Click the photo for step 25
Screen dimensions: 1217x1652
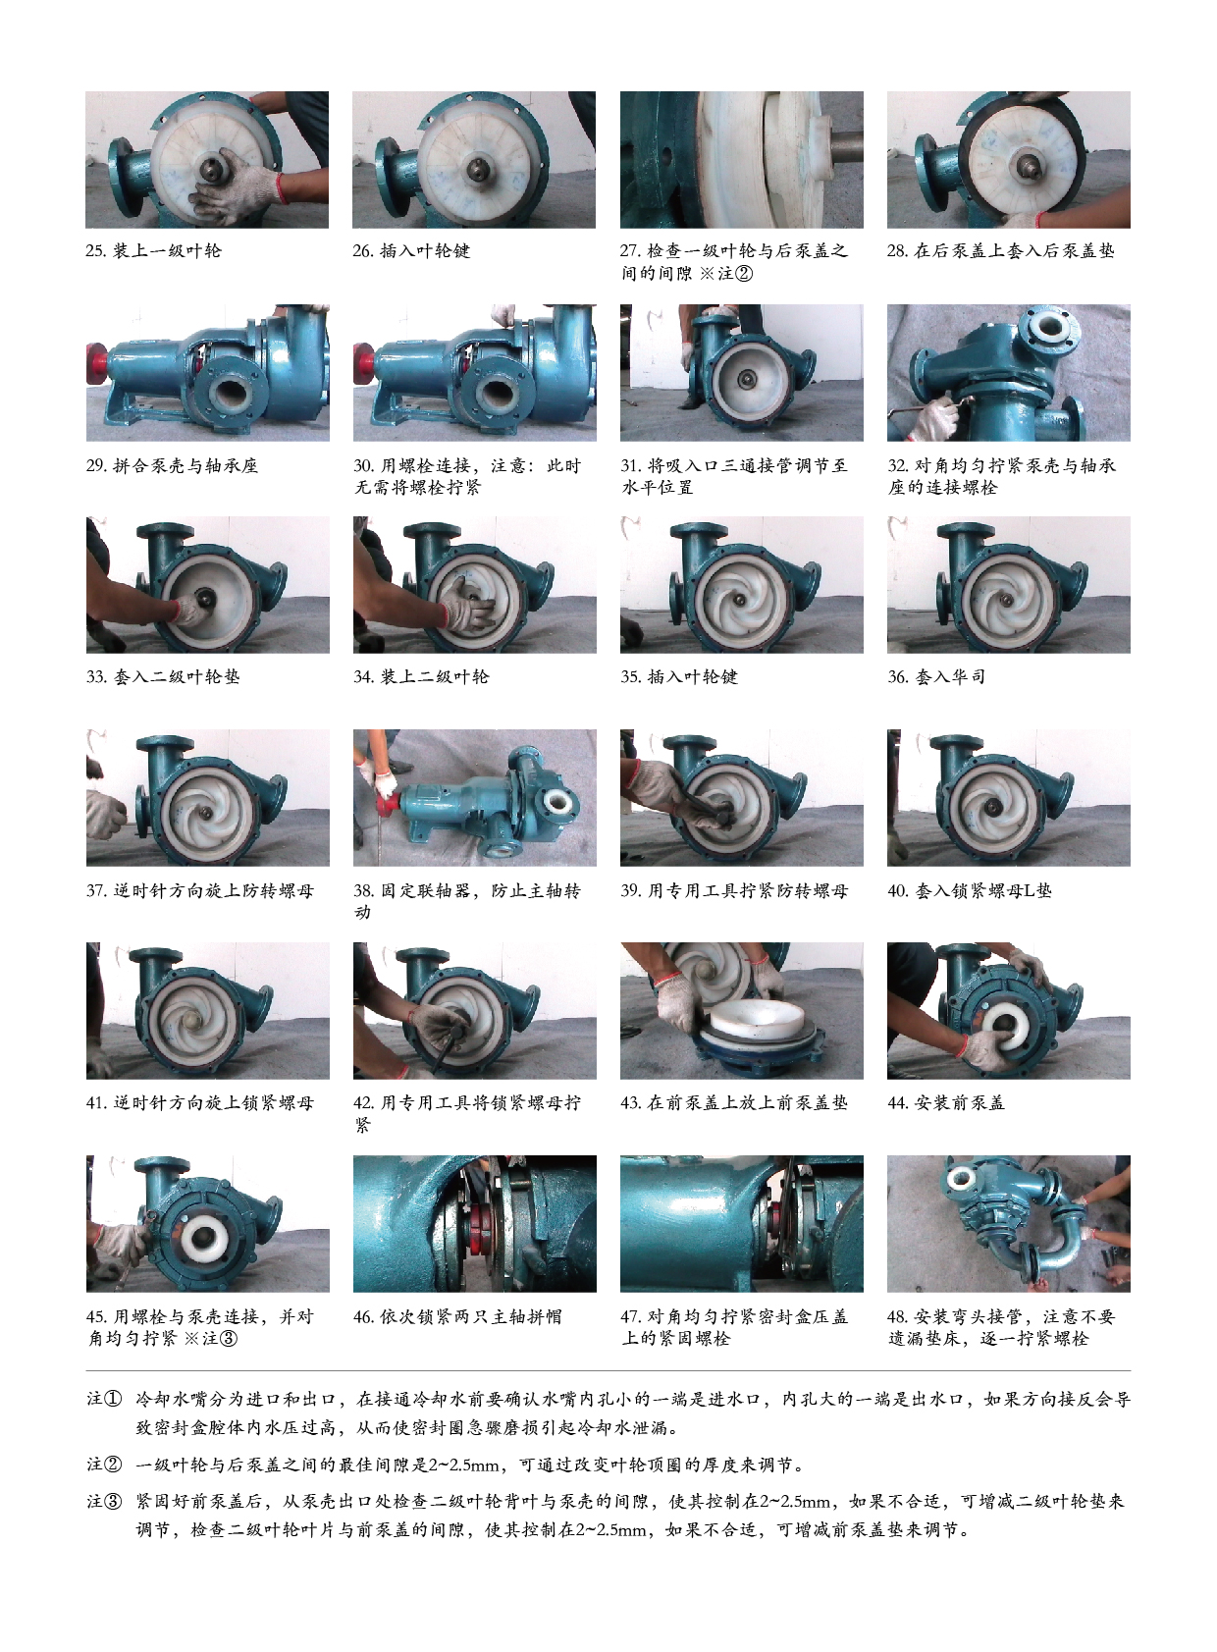[x=207, y=159]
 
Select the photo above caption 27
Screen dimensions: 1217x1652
[x=741, y=159]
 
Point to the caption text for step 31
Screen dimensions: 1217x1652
[x=734, y=476]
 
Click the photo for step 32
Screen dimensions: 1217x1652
[x=1008, y=372]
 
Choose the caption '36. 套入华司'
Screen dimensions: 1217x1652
[x=936, y=677]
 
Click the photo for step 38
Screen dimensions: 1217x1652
[x=474, y=797]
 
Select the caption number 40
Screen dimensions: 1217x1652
[x=898, y=891]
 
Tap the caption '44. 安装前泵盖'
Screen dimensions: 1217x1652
[x=946, y=1103]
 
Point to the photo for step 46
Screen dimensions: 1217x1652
[x=474, y=1223]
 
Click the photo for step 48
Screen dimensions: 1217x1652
[x=1008, y=1223]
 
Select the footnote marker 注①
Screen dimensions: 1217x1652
[x=103, y=1399]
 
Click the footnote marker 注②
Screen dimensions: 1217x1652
[x=103, y=1464]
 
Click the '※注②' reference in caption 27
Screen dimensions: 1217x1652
[x=726, y=274]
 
